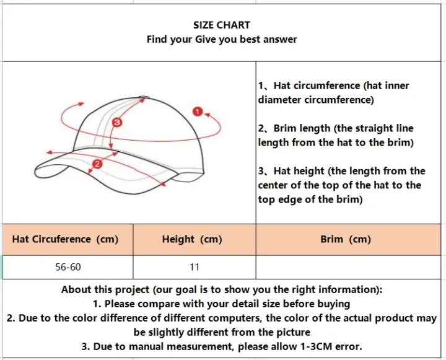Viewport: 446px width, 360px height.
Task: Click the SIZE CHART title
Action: (x=222, y=25)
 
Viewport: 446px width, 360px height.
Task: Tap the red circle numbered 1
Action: (x=198, y=112)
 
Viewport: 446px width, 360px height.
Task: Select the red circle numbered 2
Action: (x=97, y=164)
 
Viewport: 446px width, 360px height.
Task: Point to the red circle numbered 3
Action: (x=116, y=122)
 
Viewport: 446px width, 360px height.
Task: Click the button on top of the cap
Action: (x=144, y=98)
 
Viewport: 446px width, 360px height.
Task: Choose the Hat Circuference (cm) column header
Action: (x=65, y=239)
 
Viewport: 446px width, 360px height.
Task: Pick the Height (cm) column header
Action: (x=192, y=239)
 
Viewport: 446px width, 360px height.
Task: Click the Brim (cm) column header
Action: (x=346, y=239)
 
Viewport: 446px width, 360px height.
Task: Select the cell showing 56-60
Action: (x=68, y=267)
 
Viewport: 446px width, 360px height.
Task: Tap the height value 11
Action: (x=195, y=267)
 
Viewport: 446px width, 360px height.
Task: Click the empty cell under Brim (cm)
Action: (x=348, y=267)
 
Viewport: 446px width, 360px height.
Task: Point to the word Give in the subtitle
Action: (x=206, y=39)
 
